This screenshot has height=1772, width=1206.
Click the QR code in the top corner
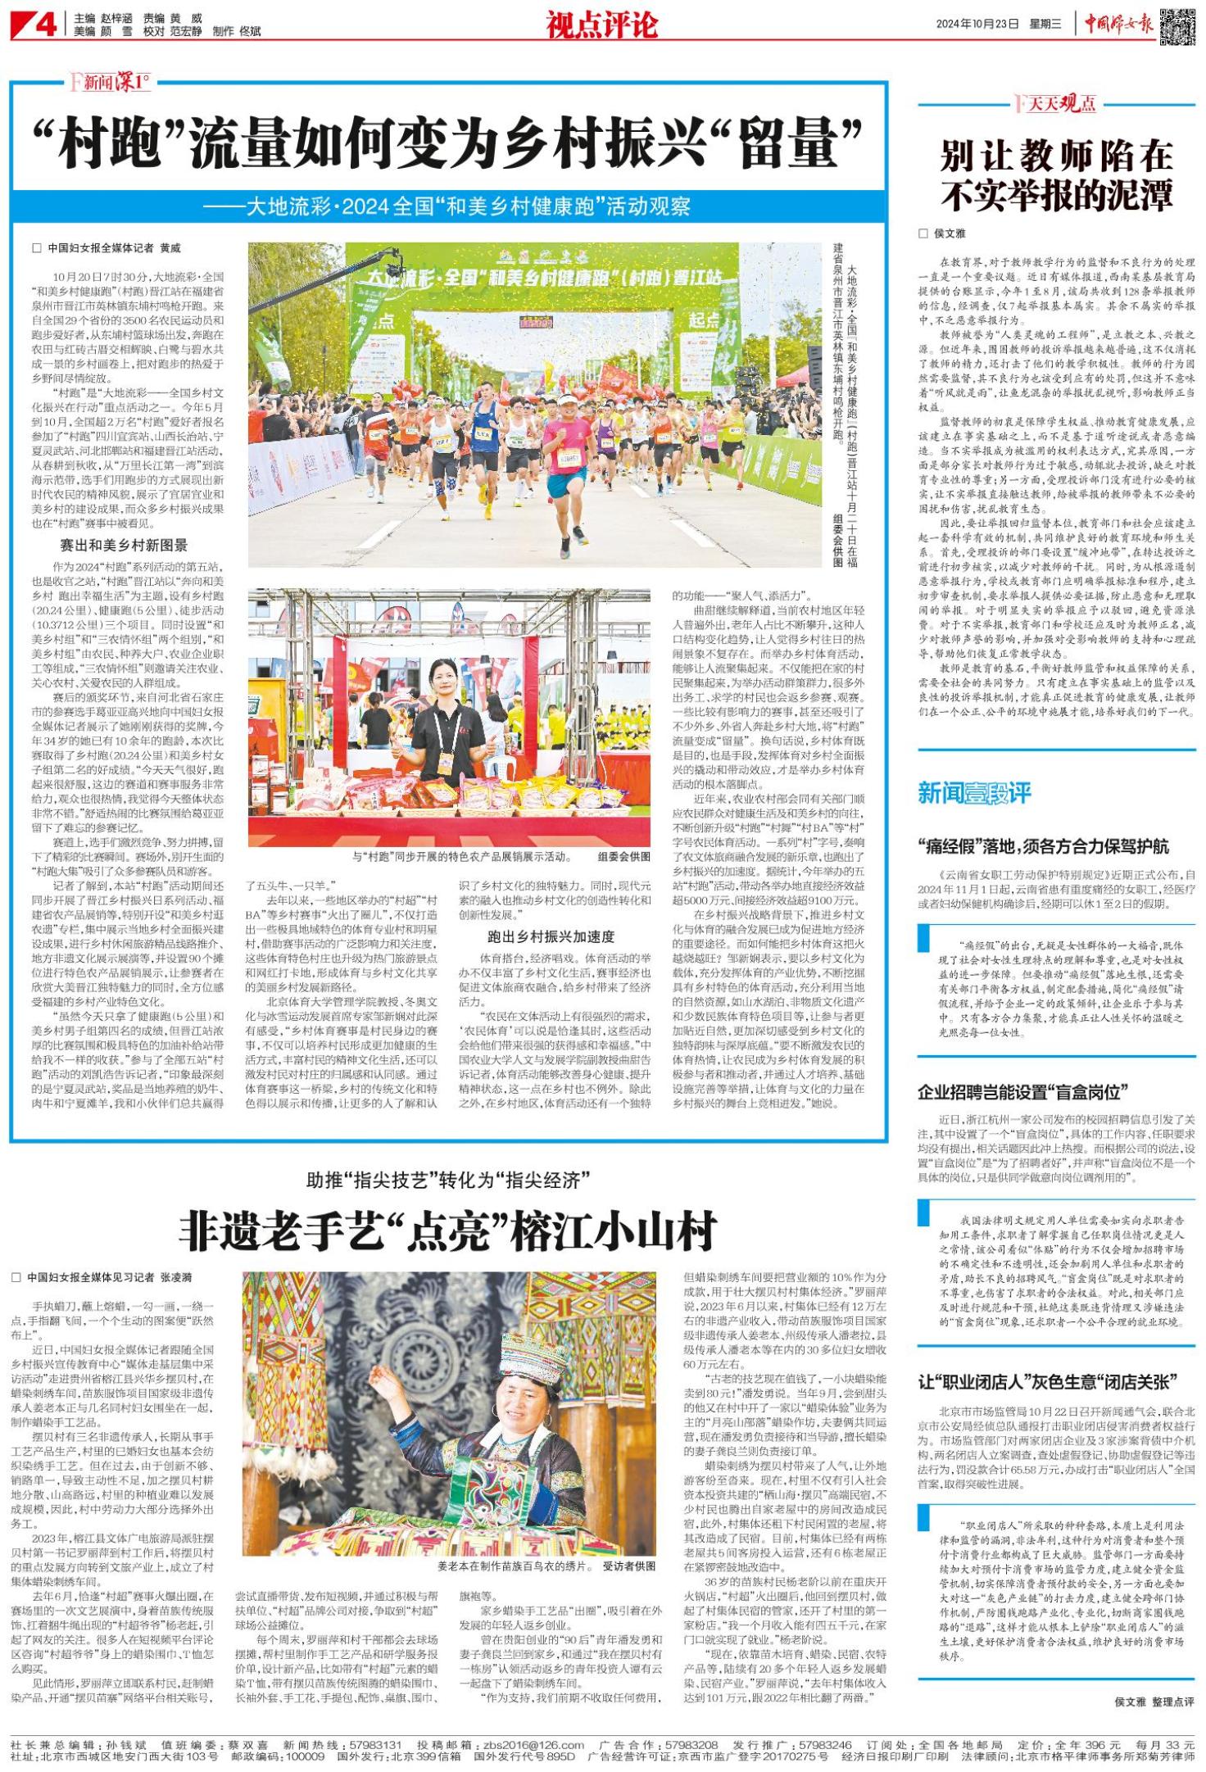1177,25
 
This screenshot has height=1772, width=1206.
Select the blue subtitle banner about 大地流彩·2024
449,206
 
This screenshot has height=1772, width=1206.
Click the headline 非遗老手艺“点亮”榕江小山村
448,1230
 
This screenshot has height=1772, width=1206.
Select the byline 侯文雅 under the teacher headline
950,233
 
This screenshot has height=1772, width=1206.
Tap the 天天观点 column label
1061,103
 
